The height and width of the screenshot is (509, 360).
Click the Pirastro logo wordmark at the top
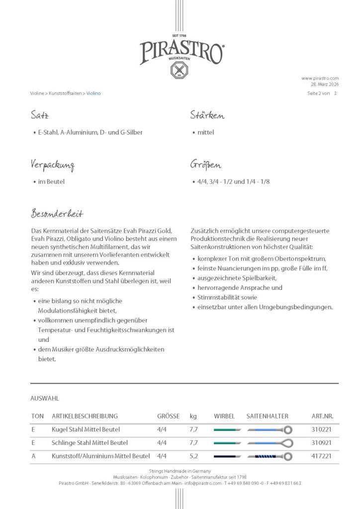181,52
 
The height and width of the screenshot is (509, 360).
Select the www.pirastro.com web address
320,78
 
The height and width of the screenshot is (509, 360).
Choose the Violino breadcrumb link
93,93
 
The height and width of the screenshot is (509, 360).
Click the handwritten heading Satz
39,116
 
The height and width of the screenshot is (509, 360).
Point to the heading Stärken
207,116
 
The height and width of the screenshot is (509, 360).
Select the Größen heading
205,165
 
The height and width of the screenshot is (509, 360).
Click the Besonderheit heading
57,214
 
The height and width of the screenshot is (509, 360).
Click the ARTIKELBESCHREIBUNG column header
85,416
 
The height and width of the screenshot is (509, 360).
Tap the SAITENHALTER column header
267,416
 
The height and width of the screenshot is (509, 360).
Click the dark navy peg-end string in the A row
227,455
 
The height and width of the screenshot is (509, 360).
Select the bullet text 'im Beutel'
51,181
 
